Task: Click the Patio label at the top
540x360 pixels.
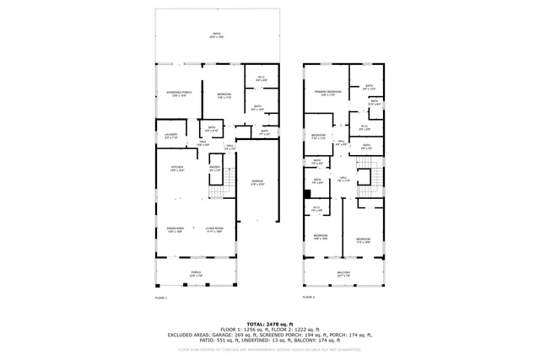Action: (217, 37)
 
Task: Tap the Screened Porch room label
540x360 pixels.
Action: (179, 94)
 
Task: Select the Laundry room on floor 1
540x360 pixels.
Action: (170, 135)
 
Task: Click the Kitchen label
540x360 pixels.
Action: (177, 169)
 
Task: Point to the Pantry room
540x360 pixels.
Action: (215, 169)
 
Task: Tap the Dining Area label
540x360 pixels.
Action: (175, 229)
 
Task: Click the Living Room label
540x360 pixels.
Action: (213, 229)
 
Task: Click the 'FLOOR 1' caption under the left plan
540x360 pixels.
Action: (160, 298)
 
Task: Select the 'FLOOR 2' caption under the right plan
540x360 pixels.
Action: (308, 298)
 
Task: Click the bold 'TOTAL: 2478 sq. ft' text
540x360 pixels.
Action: (269, 324)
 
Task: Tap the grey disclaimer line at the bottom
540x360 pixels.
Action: (269, 347)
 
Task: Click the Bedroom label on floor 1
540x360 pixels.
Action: (224, 94)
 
